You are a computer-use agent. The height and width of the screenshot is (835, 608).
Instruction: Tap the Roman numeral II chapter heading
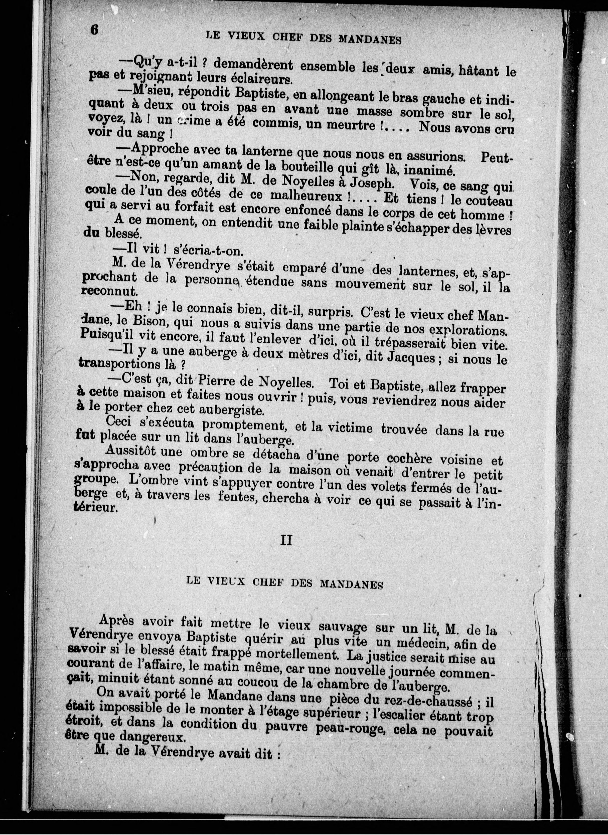tap(286, 540)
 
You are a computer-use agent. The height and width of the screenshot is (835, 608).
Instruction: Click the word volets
tap(391, 486)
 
